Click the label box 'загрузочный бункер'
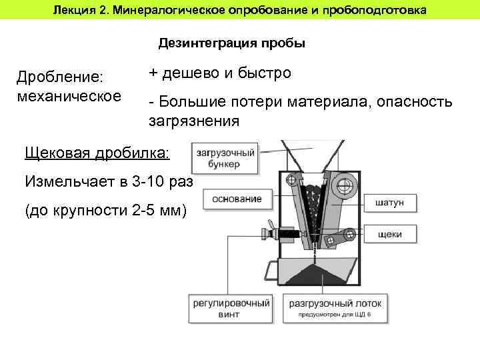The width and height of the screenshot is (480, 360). click(225, 159)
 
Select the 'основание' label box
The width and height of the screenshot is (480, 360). click(237, 199)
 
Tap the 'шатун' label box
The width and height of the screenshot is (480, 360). click(389, 203)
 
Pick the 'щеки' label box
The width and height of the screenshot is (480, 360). click(389, 234)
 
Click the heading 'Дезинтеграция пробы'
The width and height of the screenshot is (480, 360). click(232, 44)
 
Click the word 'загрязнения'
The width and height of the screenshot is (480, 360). click(193, 121)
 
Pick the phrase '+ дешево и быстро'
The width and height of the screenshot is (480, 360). click(220, 73)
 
